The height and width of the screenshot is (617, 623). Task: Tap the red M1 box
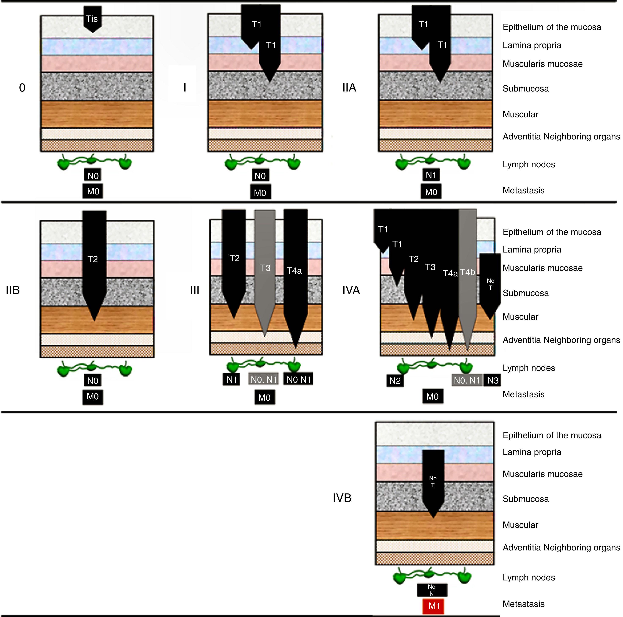click(x=433, y=606)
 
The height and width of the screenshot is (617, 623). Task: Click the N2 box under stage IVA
click(x=395, y=381)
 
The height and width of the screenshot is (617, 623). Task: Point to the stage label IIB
click(x=13, y=290)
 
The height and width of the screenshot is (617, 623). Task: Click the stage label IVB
click(x=342, y=498)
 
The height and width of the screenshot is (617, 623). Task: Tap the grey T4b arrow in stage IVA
click(x=468, y=272)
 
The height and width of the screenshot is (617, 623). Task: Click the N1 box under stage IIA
click(x=431, y=175)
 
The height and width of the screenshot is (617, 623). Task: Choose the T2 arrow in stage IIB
click(x=93, y=259)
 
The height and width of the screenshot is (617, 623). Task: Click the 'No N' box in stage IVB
click(x=432, y=590)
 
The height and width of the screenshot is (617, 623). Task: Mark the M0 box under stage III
click(x=264, y=397)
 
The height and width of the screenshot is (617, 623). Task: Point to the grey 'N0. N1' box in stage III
click(x=264, y=379)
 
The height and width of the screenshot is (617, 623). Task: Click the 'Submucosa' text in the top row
click(x=525, y=89)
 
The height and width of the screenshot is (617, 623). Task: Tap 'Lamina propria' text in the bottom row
click(x=532, y=452)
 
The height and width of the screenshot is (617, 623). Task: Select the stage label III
click(x=194, y=290)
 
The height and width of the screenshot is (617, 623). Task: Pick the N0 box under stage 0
click(x=93, y=176)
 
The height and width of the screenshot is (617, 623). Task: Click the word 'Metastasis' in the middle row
click(x=523, y=394)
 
